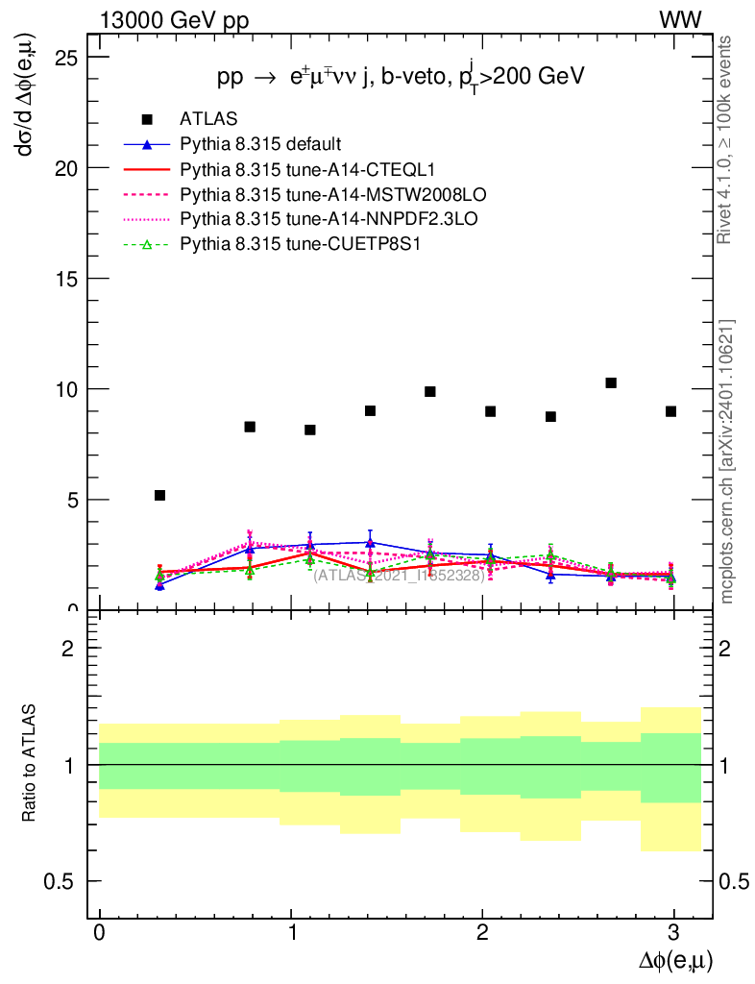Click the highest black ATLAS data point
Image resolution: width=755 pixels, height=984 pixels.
click(610, 382)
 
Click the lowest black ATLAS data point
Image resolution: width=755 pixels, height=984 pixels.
click(159, 495)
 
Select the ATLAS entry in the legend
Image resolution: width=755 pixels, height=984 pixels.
click(202, 119)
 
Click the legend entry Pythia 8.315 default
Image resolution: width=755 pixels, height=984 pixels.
click(260, 144)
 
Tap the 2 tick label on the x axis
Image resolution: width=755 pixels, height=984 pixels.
click(482, 933)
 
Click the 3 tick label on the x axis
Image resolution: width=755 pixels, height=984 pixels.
click(673, 933)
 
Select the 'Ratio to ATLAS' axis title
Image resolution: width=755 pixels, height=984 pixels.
click(30, 764)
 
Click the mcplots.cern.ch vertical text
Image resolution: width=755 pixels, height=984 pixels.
click(726, 461)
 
